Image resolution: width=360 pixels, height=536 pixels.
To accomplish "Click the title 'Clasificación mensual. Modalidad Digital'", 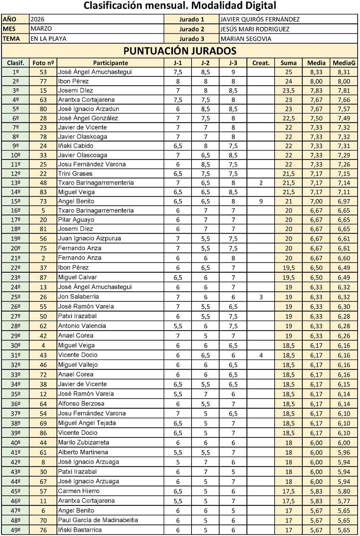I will point(180,6).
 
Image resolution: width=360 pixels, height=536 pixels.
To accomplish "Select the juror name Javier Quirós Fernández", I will point(260,19).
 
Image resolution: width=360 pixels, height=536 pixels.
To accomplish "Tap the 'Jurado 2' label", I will point(191,29).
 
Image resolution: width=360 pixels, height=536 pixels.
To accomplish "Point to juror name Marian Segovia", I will point(246,39).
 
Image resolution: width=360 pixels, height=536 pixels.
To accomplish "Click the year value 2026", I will point(38,19).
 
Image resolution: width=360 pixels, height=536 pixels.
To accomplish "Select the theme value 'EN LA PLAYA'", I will point(49,39).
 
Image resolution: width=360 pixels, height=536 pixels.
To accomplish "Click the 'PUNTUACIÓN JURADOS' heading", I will point(180,51).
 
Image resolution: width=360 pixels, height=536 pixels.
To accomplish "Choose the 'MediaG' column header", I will point(344,63).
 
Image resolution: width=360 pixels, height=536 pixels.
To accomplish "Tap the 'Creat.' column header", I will point(261,63).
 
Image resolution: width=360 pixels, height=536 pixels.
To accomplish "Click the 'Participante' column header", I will point(110,63).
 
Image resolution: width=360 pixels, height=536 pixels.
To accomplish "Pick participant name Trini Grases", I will point(75,174).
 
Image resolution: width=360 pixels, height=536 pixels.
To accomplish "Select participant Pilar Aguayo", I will point(76,220).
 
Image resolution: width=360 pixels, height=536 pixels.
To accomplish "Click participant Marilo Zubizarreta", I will point(83,443).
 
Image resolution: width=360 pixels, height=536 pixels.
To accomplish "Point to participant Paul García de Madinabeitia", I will point(98,520).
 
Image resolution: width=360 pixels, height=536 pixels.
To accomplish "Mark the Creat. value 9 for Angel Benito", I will point(261,201).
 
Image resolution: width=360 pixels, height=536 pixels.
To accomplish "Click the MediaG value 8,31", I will point(344,72).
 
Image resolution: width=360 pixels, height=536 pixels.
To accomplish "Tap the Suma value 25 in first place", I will point(288,72).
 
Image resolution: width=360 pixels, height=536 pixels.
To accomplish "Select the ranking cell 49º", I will point(15,530).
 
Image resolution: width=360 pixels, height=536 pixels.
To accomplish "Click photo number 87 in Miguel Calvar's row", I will point(43,278).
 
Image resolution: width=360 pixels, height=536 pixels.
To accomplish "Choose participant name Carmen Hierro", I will point(79,491).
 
